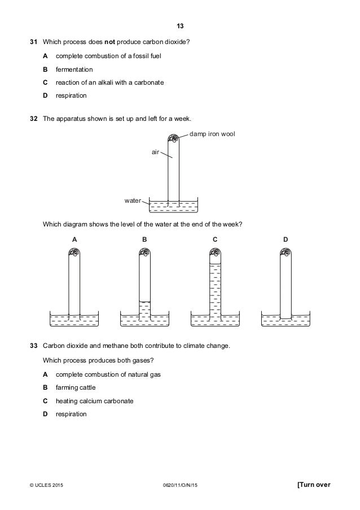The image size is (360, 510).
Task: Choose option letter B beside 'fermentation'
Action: point(45,69)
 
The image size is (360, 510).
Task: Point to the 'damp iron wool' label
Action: point(212,134)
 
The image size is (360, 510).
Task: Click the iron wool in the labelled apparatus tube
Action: point(173,138)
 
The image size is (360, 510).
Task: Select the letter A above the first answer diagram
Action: point(74,239)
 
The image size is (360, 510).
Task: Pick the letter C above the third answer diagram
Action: point(215,239)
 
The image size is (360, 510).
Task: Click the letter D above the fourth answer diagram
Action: point(286,239)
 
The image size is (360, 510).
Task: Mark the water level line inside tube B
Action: point(144,302)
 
